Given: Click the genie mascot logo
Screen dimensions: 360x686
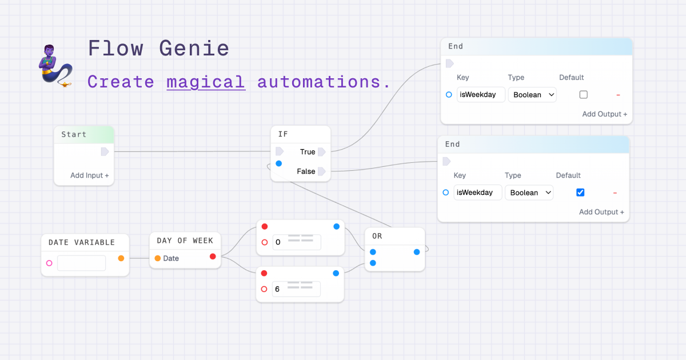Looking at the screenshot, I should tap(54, 64).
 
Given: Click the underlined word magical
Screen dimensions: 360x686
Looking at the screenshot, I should tap(206, 82).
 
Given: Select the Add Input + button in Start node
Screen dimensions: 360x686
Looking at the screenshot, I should tap(90, 175).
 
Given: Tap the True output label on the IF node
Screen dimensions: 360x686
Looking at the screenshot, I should tap(308, 152).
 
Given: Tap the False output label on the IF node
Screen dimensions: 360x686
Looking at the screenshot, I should tap(306, 171).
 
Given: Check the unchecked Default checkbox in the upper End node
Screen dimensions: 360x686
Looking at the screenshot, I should tap(583, 95).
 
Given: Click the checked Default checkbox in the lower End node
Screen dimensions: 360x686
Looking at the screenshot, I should tap(580, 193).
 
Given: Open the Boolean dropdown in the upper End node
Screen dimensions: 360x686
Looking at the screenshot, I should tap(532, 95).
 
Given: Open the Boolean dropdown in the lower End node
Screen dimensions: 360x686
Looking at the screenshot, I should tap(529, 193).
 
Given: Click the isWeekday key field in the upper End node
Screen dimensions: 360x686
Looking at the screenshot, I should tap(481, 95).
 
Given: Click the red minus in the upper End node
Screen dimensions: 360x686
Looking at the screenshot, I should tap(618, 95).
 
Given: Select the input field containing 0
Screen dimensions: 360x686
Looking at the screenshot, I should tap(296, 242).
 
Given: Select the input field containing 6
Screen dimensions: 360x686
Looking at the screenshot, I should tap(296, 289).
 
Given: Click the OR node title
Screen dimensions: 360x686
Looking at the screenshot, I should tap(377, 236).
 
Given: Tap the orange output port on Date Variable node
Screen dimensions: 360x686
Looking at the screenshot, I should tap(121, 258).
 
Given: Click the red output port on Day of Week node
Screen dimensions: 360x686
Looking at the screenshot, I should tap(213, 257).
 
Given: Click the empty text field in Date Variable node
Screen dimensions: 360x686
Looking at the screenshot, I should tap(81, 263).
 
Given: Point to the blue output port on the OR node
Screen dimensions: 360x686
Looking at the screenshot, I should tap(417, 252).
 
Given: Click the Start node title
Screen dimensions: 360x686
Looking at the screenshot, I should tap(74, 135).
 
